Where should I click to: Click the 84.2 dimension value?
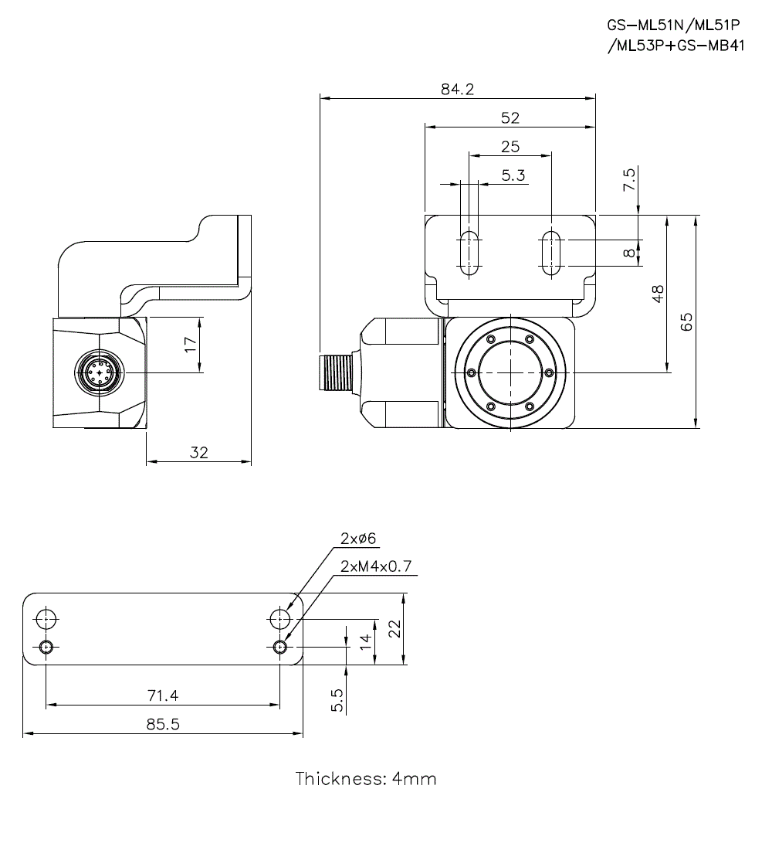pos(457,89)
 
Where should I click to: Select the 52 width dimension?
pos(510,117)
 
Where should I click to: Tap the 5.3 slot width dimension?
pos(513,175)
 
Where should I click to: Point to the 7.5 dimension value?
pos(629,180)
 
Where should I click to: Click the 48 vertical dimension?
pos(658,294)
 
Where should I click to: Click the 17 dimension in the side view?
pos(190,345)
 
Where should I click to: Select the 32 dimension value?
pos(199,453)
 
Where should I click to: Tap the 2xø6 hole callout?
pos(357,539)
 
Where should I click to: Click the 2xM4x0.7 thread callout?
pos(376,566)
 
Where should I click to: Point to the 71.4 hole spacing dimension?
pos(163,695)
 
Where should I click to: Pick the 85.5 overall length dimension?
pos(163,725)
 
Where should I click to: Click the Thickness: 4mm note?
pos(366,778)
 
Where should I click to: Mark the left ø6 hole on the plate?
pos(46,617)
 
